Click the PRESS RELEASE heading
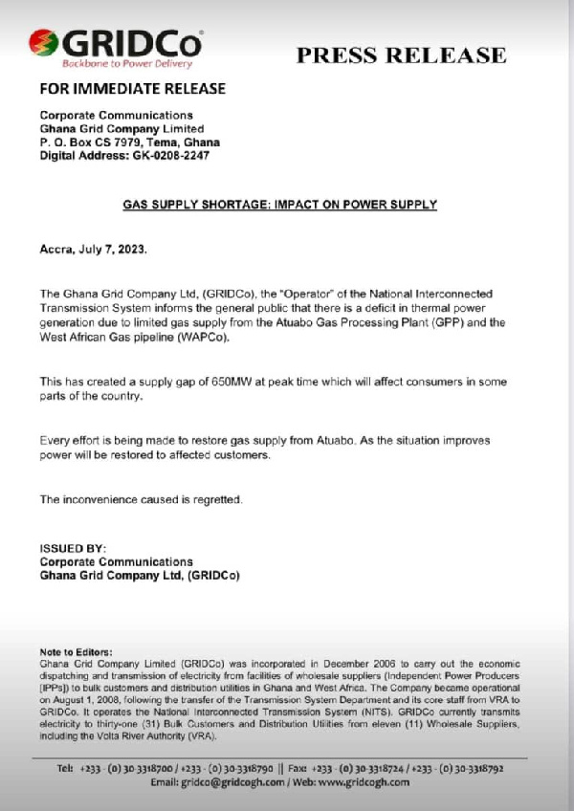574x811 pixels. (401, 55)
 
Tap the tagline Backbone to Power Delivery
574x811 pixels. (114, 64)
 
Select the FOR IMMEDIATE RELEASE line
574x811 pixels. (132, 90)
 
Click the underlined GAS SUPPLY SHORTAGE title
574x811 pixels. (280, 205)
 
